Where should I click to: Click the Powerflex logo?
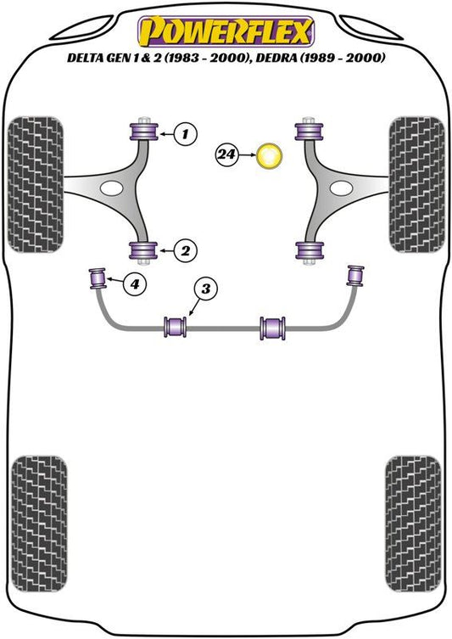coord(226,31)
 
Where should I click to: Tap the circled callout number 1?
coord(186,134)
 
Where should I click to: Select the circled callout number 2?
coord(186,250)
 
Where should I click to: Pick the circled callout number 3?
coord(206,289)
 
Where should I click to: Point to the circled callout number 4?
coord(135,283)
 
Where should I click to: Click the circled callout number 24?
coord(227,154)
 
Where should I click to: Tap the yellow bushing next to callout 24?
coord(269,155)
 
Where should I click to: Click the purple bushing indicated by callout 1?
coord(144,131)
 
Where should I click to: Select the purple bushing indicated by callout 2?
coord(143,250)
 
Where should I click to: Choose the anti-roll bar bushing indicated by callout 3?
coord(175,327)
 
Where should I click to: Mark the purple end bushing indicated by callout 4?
coord(98,278)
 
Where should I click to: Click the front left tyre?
coord(36,184)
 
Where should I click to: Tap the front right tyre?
coord(416,184)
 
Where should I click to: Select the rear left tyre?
coord(39,524)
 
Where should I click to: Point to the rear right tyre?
coord(413,524)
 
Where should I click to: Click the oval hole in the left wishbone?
coord(111,188)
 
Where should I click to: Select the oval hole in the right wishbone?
coord(341,188)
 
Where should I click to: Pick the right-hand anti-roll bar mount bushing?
coord(273,328)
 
